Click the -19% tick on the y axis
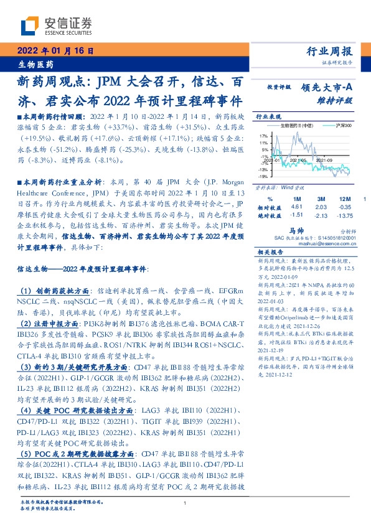click(264, 176)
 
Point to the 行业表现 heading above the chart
click(268, 116)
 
